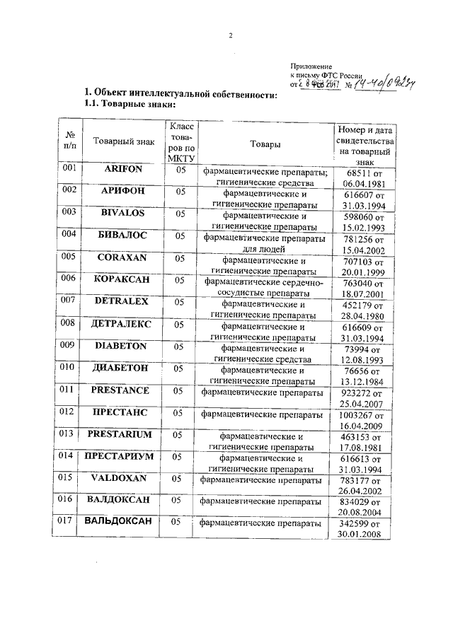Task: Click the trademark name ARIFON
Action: (x=123, y=171)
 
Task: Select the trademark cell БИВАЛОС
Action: (x=123, y=235)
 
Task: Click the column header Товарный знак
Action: (x=123, y=142)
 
